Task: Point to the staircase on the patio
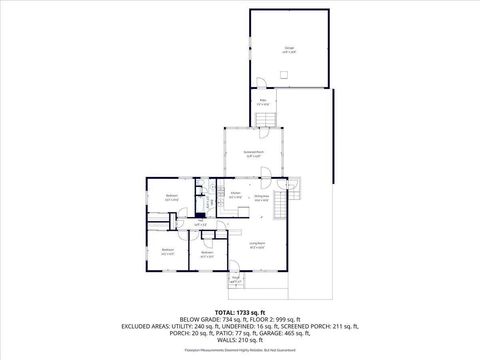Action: pyautogui.click(x=265, y=120)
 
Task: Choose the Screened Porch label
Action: pyautogui.click(x=252, y=154)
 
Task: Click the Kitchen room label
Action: pyautogui.click(x=234, y=195)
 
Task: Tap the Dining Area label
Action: pyautogui.click(x=262, y=198)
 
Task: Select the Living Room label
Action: pyautogui.click(x=256, y=246)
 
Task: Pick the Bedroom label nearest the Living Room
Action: pyautogui.click(x=206, y=254)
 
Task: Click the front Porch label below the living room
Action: pyautogui.click(x=235, y=280)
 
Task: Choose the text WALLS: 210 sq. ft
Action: pyautogui.click(x=239, y=341)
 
